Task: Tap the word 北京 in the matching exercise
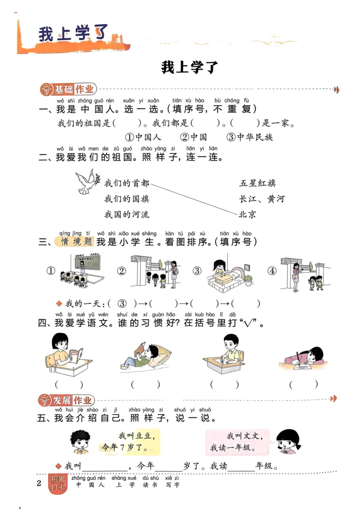(247, 214)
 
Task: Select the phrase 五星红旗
(258, 183)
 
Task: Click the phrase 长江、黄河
(262, 199)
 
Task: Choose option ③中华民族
(250, 137)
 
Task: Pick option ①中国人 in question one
(143, 137)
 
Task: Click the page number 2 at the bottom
(39, 483)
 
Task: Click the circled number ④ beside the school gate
(271, 271)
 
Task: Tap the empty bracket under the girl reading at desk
(69, 384)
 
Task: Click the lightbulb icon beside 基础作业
(46, 89)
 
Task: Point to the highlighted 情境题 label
(76, 242)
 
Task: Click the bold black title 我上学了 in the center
(189, 67)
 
